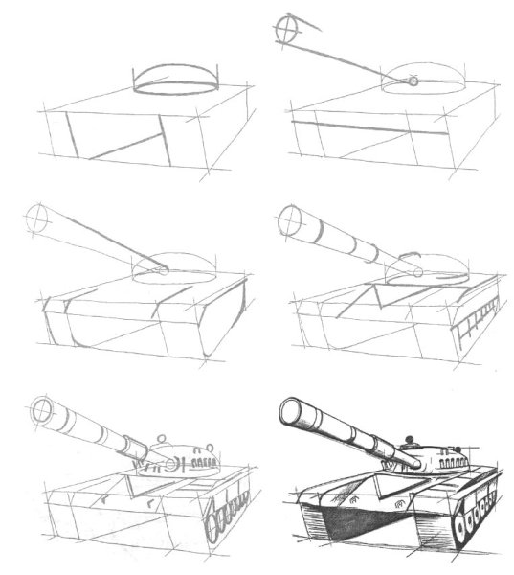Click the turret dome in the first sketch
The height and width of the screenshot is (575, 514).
pos(176,81)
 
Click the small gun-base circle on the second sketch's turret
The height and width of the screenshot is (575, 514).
pos(413,81)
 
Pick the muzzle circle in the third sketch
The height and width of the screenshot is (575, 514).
pos(37,218)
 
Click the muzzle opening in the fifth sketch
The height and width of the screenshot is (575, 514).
pos(43,412)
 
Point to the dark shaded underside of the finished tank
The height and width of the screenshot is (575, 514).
pos(364,522)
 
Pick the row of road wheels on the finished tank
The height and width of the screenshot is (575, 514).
pos(479,513)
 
